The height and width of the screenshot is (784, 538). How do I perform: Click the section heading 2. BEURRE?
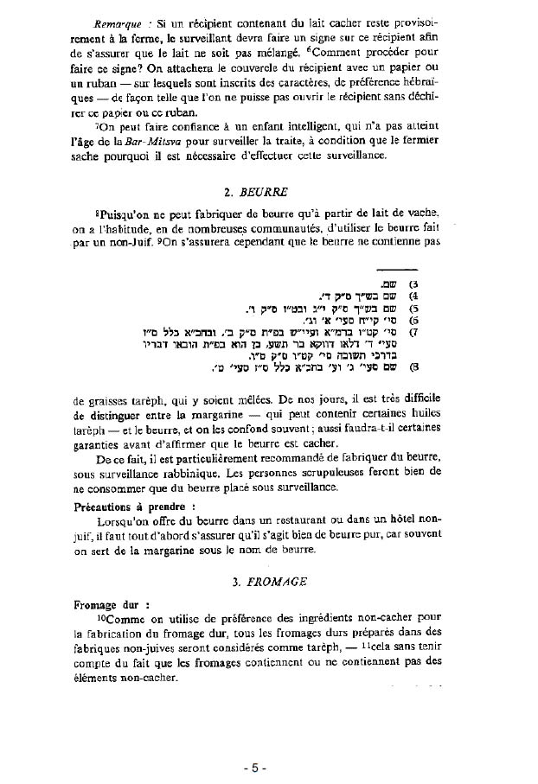tap(257, 192)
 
